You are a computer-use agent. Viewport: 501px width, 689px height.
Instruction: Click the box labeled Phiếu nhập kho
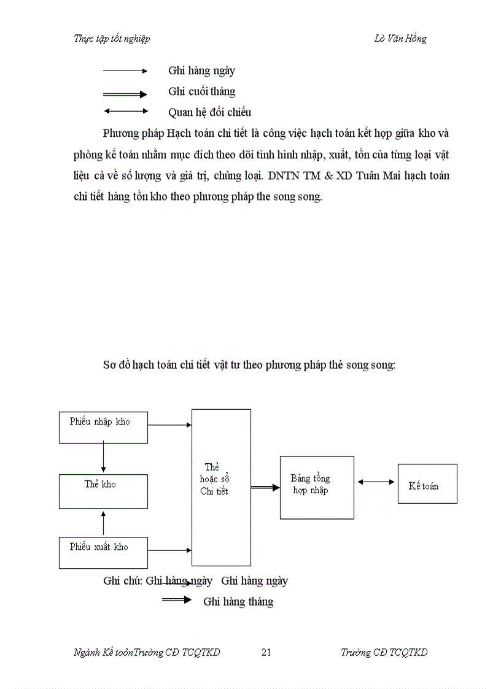[103, 427]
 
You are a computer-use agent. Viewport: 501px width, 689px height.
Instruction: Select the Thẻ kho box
[103, 491]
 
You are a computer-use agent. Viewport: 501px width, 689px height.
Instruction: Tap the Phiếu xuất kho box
[103, 552]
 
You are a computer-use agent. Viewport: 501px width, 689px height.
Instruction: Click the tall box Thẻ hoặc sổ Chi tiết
[221, 487]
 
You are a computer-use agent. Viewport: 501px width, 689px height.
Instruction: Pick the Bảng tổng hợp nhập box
[317, 487]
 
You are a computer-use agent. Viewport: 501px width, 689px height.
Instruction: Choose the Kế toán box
[427, 483]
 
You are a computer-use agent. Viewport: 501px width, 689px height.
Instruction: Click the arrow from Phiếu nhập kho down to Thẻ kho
[103, 458]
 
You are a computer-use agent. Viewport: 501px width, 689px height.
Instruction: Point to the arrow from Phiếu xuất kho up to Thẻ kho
[103, 522]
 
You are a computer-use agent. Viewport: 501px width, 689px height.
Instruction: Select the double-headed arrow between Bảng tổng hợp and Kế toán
[376, 482]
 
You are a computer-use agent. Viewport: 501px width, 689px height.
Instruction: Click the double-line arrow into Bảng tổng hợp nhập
[265, 488]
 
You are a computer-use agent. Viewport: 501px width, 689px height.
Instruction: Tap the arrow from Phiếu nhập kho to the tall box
[169, 425]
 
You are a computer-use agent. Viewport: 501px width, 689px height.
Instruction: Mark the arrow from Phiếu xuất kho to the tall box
[169, 550]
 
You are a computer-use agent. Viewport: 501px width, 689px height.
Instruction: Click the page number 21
[266, 652]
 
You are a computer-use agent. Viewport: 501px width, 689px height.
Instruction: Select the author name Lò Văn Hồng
[400, 39]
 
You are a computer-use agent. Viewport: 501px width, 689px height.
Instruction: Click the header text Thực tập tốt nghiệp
[112, 39]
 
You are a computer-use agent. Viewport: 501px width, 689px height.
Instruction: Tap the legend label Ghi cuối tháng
[201, 91]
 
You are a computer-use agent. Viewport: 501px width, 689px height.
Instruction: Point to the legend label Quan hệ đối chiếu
[209, 112]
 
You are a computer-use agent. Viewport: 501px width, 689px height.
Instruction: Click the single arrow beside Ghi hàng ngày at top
[125, 71]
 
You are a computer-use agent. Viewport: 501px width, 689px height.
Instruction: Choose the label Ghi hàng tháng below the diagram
[238, 601]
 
